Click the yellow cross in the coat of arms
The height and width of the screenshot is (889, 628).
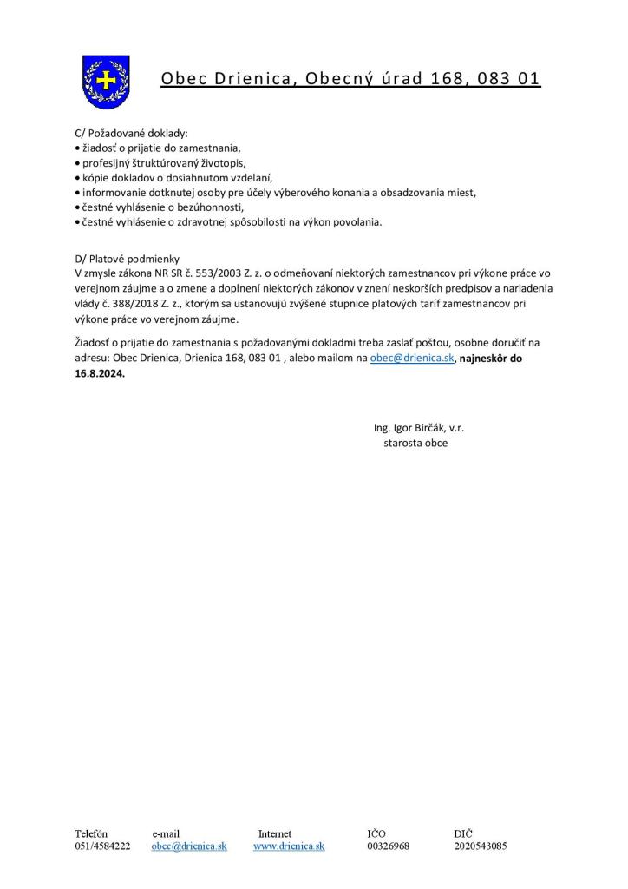point(105,81)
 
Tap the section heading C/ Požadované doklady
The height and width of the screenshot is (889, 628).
point(131,134)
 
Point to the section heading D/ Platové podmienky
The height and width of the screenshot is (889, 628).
point(128,258)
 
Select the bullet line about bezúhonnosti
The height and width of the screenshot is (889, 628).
point(160,207)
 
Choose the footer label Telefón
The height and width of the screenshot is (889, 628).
point(91,833)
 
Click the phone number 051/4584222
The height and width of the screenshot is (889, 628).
point(102,846)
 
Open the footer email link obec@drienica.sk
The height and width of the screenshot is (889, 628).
point(189,846)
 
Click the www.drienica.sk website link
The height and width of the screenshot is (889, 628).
point(289,846)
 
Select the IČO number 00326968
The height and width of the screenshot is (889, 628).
point(389,846)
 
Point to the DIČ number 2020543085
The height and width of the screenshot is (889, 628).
point(480,846)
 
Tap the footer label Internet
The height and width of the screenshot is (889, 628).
point(275,833)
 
